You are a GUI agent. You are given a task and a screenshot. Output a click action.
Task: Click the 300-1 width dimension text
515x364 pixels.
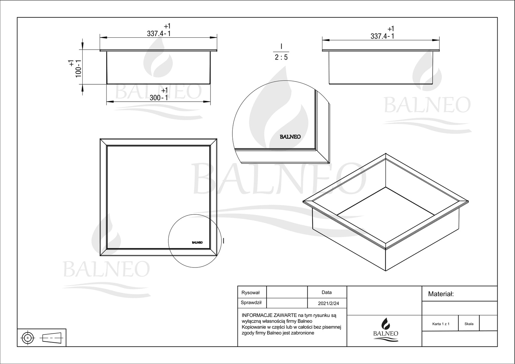(159, 98)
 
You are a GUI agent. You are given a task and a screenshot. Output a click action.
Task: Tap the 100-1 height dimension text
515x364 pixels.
(79, 69)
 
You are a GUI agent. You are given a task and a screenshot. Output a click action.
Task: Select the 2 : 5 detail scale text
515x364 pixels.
(281, 57)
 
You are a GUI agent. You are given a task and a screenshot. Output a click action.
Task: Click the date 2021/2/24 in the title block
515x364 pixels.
(328, 303)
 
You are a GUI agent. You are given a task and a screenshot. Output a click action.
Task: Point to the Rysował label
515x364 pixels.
(250, 293)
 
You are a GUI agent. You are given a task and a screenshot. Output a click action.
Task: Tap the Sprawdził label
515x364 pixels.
(251, 303)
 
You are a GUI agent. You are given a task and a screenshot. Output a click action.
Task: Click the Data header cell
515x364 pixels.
(326, 292)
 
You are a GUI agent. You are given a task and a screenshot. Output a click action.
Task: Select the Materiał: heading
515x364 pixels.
(441, 294)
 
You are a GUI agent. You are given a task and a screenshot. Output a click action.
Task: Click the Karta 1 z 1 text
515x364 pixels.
(441, 324)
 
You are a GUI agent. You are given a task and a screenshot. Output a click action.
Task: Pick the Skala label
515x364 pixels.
(469, 324)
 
